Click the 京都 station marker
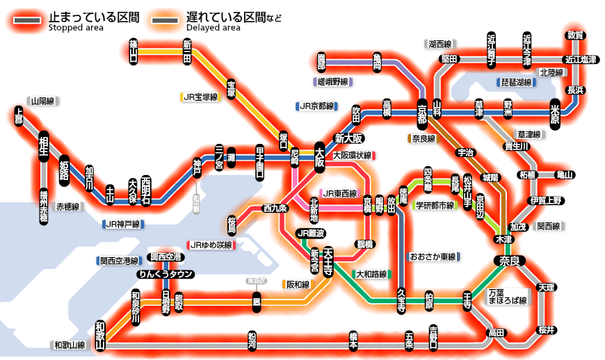point(422,112)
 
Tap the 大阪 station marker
point(320,158)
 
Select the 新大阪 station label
point(349,137)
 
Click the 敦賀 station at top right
point(574,35)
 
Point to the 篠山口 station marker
point(134,51)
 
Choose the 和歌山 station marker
point(100,336)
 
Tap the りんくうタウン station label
point(164,274)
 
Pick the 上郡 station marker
point(19,116)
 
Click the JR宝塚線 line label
point(200,97)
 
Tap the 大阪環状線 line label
point(352,155)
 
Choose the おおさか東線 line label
point(433,256)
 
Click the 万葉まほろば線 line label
point(507,297)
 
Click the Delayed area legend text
point(213,28)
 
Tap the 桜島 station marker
point(232,224)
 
